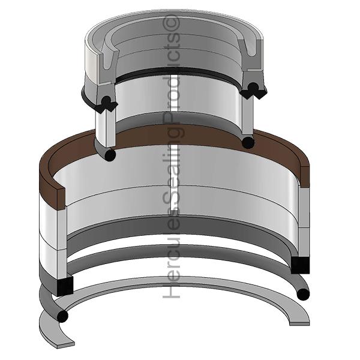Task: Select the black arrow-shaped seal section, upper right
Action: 254,91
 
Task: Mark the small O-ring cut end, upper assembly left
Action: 109,155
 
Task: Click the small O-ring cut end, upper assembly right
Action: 247,143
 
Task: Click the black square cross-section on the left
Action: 64,286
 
